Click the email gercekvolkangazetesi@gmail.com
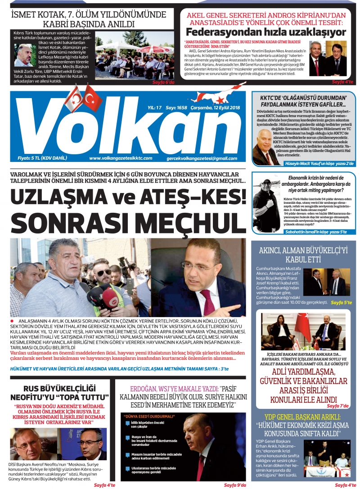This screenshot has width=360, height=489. click(202, 158)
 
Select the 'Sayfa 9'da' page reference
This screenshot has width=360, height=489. click(235, 485)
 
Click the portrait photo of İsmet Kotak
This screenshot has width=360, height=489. click(23, 55)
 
